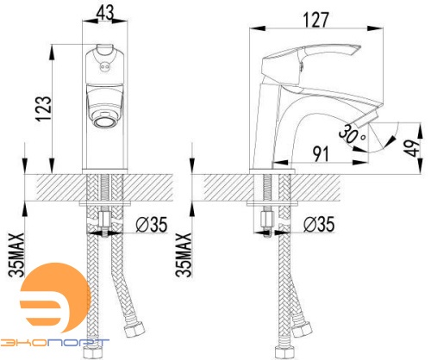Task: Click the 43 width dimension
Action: (x=105, y=12)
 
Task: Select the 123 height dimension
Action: (x=44, y=109)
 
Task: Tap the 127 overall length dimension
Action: (x=315, y=20)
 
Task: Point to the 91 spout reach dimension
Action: (x=321, y=154)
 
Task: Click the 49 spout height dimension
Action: (x=415, y=148)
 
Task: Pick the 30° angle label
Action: (x=352, y=133)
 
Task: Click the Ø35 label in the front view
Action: (x=151, y=224)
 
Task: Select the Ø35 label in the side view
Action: (x=319, y=224)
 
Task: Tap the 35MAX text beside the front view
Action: (x=16, y=255)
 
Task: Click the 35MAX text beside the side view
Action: (x=184, y=255)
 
